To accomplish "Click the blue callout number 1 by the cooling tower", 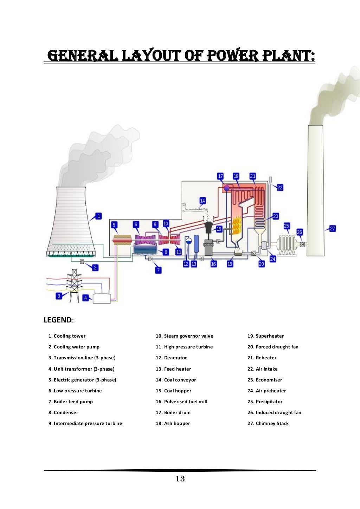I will click(x=99, y=216).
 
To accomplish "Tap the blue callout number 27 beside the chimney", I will click(x=332, y=228).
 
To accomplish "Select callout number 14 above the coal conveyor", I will click(x=202, y=201).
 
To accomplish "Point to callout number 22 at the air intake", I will click(x=280, y=187).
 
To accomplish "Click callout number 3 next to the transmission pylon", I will click(x=59, y=296).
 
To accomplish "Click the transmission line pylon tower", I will click(x=74, y=285).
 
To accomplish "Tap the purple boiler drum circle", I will click(x=226, y=188).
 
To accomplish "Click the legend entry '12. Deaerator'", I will click(x=171, y=358).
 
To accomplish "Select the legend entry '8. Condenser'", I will click(x=63, y=412).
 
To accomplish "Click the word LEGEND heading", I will click(x=58, y=320).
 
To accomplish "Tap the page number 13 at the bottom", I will click(x=180, y=479).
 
